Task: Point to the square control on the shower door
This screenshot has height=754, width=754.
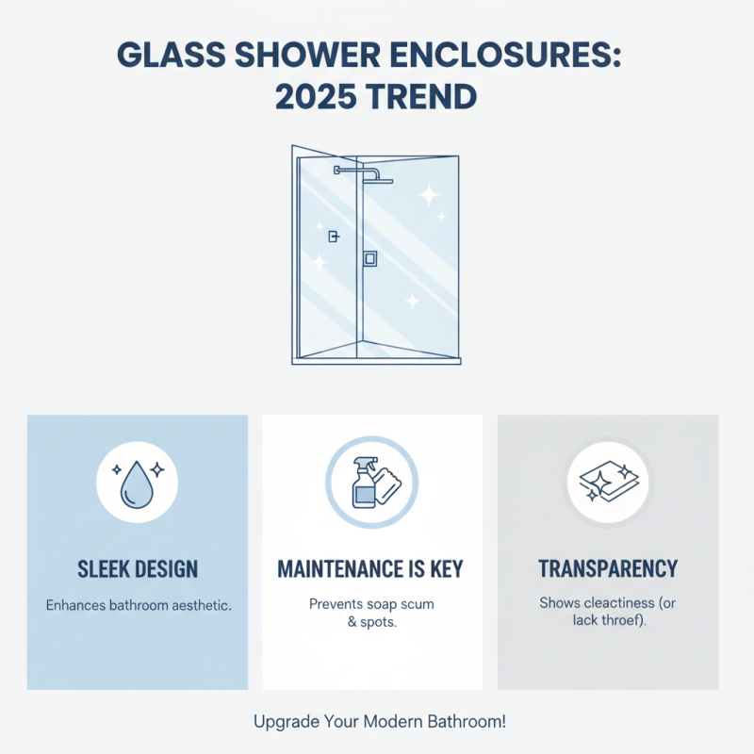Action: (370, 258)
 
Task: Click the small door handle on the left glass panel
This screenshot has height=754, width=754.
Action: (333, 237)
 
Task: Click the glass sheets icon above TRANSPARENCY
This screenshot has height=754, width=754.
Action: (608, 482)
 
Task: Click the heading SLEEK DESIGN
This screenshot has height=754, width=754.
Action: (137, 569)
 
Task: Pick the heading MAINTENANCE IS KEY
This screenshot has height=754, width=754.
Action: (371, 569)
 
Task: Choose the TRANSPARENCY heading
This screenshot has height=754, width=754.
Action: (608, 569)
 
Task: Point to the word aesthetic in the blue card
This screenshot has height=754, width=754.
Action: (197, 605)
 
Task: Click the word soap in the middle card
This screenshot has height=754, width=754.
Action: (387, 604)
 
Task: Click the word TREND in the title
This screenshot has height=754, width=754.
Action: (425, 96)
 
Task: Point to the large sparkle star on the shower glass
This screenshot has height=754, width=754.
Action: (429, 196)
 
